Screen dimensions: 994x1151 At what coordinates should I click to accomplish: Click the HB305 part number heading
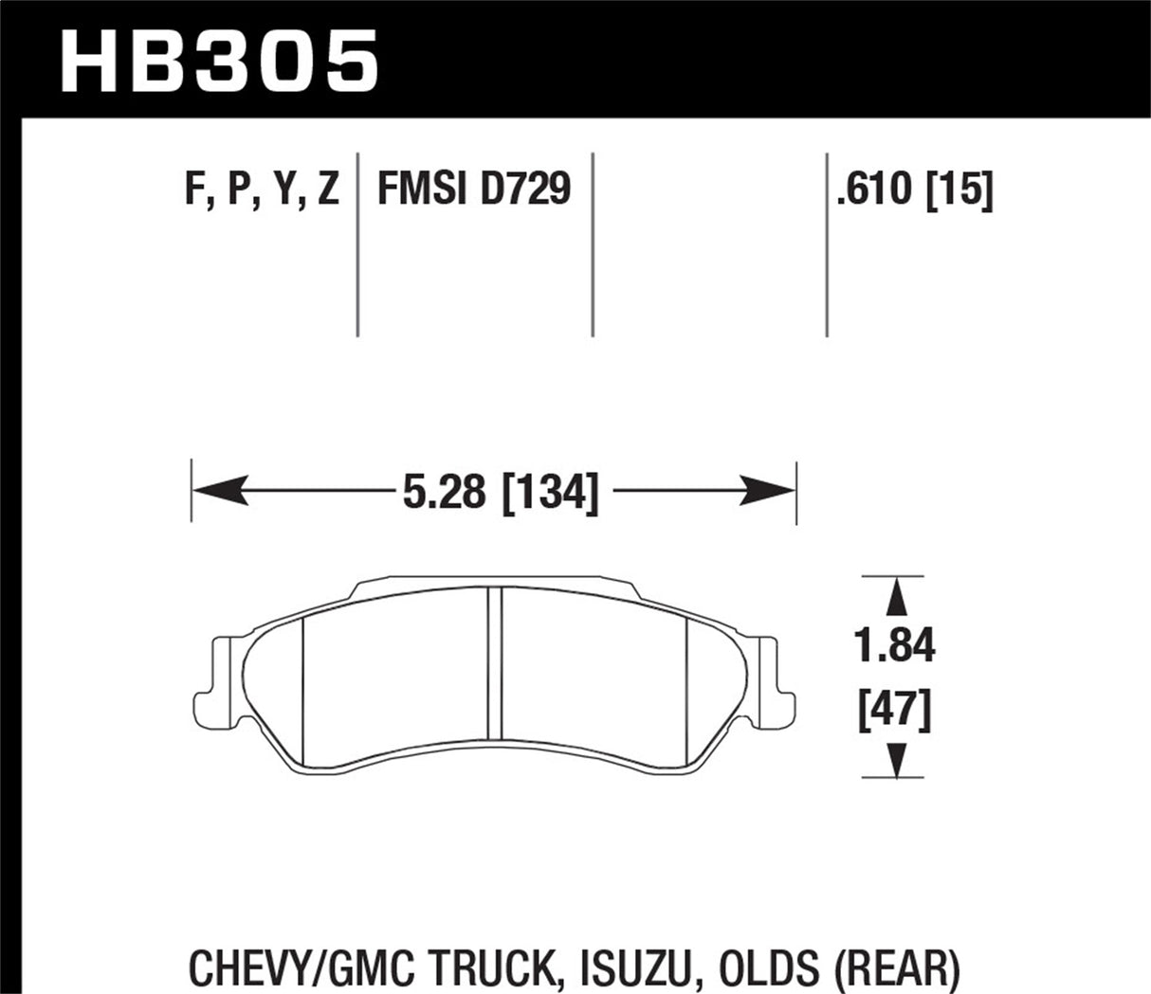[x=220, y=59]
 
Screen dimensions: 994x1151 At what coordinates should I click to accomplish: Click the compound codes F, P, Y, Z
[x=262, y=189]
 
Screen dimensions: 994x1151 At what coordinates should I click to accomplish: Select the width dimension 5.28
[x=444, y=493]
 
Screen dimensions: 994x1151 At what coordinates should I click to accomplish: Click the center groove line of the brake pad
[x=493, y=663]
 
